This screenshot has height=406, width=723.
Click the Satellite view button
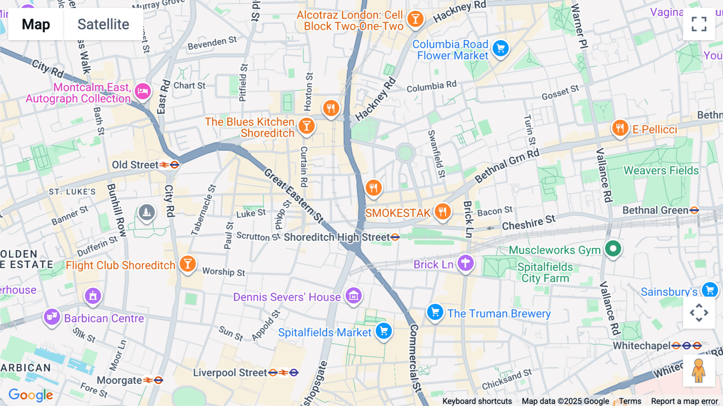click(103, 24)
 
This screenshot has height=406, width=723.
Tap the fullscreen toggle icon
click(699, 24)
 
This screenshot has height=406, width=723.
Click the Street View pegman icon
click(699, 371)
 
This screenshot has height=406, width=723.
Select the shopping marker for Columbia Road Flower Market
click(500, 49)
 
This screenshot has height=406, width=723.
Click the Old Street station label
click(135, 165)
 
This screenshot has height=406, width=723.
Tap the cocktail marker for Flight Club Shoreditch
click(188, 264)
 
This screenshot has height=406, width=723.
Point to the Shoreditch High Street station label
click(337, 237)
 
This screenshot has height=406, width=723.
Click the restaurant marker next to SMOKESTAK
click(442, 211)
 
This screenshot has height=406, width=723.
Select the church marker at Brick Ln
click(466, 263)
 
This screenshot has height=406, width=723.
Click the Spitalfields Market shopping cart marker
click(384, 331)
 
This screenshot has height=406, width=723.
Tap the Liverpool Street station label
click(230, 373)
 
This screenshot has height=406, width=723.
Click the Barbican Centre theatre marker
click(52, 317)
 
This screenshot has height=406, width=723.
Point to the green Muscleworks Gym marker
click(613, 248)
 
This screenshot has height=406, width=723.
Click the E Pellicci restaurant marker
click(620, 128)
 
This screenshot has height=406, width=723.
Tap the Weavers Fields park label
click(661, 170)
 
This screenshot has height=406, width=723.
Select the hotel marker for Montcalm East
click(143, 91)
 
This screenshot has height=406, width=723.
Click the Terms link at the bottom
click(630, 401)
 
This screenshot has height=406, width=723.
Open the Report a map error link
click(684, 401)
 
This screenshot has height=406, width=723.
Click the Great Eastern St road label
click(293, 196)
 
